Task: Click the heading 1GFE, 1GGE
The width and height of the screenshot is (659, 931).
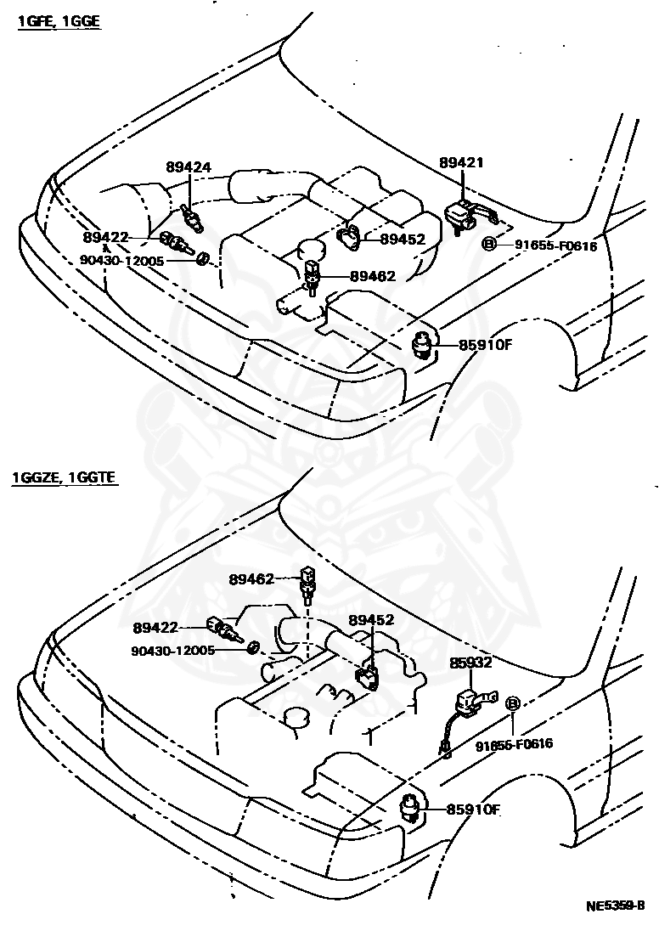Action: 59,22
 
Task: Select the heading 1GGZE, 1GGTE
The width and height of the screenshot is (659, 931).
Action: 65,479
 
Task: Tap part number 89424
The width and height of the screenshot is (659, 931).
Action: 188,167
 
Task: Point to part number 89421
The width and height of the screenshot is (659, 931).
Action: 461,162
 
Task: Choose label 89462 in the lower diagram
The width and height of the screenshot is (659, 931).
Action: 251,579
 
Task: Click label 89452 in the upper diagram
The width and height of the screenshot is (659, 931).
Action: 402,240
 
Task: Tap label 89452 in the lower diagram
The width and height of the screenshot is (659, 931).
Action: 371,620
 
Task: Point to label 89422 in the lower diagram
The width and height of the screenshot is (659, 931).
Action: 155,628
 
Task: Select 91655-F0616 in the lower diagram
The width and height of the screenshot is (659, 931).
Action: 514,744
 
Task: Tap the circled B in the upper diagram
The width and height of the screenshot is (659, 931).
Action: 489,245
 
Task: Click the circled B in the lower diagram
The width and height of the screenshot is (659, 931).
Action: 513,703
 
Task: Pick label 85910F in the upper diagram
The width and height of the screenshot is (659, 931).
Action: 487,345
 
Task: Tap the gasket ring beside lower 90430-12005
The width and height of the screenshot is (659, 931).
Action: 253,650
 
